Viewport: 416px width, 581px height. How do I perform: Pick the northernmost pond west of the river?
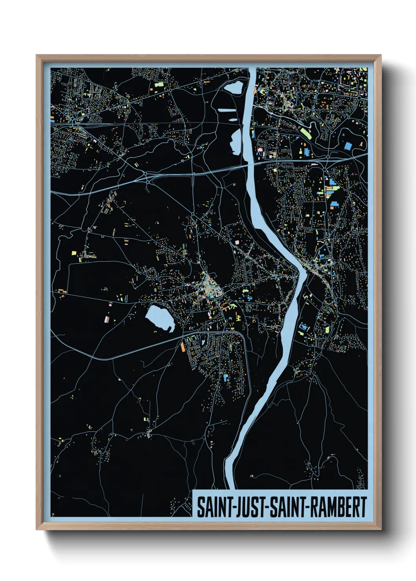(234, 87)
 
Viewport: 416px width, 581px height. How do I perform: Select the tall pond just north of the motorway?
(236, 142)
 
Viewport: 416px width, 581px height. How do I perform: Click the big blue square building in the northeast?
(348, 146)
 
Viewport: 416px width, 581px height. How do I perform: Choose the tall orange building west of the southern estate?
(182, 347)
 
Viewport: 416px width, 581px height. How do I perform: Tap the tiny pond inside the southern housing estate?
(203, 343)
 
